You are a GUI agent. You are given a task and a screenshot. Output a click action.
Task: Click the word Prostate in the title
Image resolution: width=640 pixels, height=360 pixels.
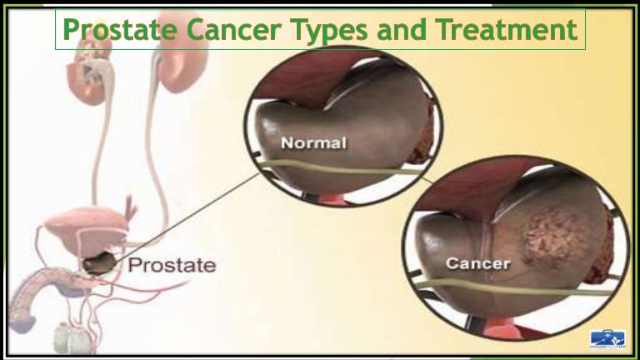[x=121, y=30]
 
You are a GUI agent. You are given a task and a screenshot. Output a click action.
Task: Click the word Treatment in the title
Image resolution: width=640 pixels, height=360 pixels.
[x=506, y=30]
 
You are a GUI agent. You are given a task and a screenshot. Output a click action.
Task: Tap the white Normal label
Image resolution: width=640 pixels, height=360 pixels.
[x=312, y=143]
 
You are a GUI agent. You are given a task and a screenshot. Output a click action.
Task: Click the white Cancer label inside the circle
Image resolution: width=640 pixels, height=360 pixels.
[x=477, y=264]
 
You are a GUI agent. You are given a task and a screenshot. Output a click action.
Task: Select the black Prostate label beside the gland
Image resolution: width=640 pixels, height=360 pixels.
[x=171, y=266]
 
